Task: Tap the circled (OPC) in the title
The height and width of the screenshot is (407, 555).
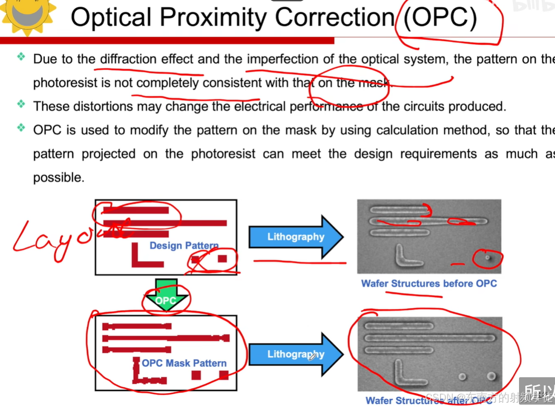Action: [x=440, y=18]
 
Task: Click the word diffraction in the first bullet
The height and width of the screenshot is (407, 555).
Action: [x=128, y=60]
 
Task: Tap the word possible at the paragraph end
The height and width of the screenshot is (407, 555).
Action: [x=58, y=177]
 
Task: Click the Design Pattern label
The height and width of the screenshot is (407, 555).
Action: [x=184, y=246]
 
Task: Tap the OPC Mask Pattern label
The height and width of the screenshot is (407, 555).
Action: [x=184, y=363]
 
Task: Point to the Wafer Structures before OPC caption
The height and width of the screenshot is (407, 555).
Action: [x=429, y=284]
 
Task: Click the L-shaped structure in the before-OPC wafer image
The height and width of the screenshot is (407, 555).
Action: [x=406, y=257]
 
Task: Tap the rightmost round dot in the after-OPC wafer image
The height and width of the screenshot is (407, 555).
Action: [x=491, y=376]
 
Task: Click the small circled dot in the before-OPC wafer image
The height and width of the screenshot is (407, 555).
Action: [x=487, y=257]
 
